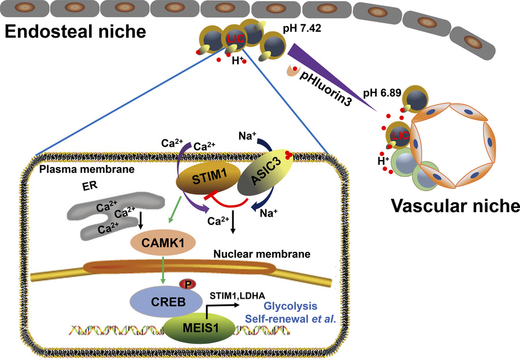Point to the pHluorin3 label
pos(329,79)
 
